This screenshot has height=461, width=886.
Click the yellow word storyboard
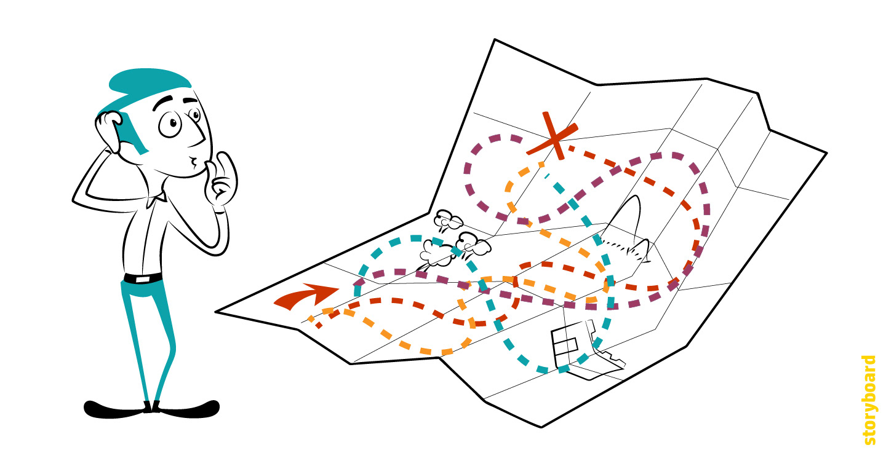tap(868, 400)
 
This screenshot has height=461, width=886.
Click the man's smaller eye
tap(195, 115)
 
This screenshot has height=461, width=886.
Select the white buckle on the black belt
tap(142, 279)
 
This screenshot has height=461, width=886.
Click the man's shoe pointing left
tap(114, 408)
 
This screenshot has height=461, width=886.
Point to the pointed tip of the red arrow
tap(337, 287)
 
